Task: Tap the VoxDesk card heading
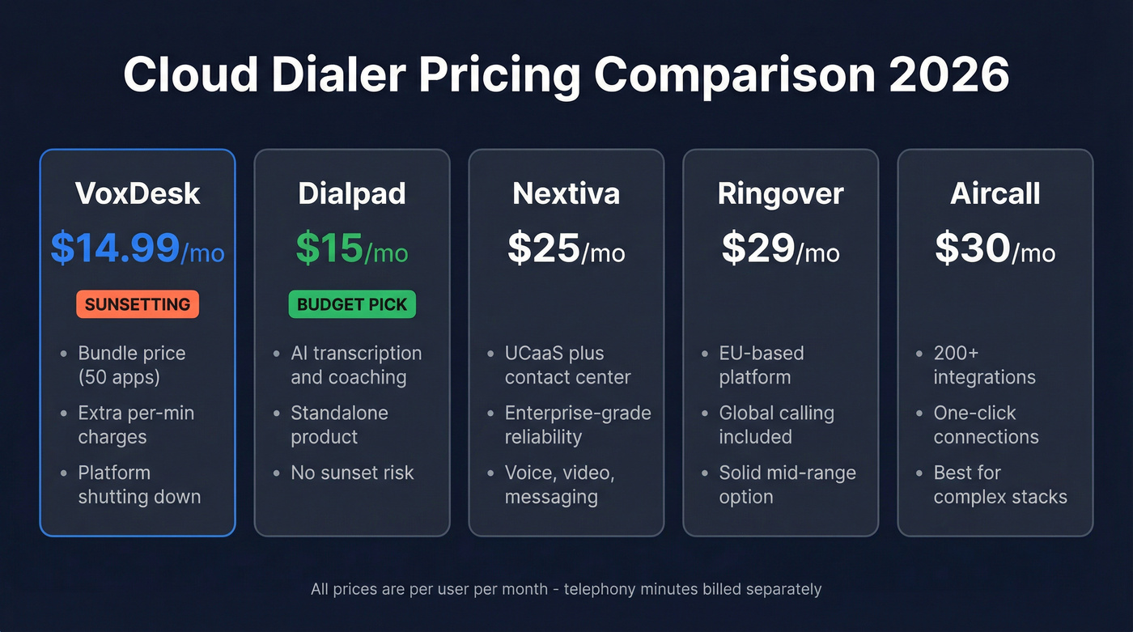(x=138, y=194)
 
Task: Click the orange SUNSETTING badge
(x=138, y=304)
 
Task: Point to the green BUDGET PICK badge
(x=352, y=304)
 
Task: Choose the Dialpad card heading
(x=352, y=194)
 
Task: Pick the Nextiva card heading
(x=566, y=194)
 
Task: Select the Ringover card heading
(x=781, y=194)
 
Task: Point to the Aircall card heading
(x=995, y=194)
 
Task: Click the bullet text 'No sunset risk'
(x=352, y=473)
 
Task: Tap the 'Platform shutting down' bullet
(x=139, y=485)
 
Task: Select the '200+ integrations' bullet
(x=984, y=365)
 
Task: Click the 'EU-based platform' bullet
(x=762, y=365)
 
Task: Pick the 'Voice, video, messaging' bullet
(x=559, y=485)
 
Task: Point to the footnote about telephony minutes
(x=566, y=589)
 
